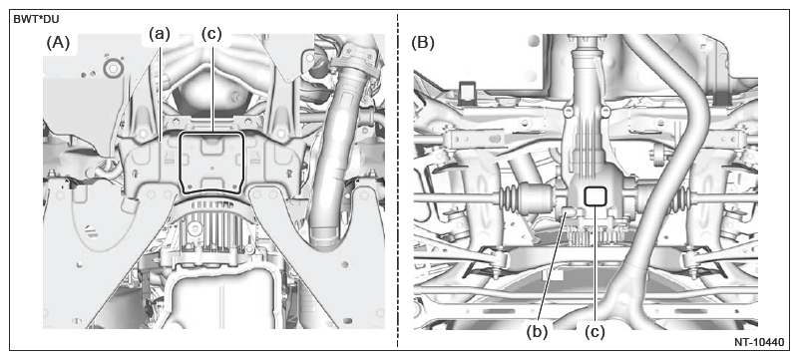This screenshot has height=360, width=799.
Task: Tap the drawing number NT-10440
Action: click(759, 342)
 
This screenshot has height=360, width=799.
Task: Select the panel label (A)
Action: click(58, 43)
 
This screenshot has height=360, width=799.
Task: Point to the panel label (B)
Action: click(423, 43)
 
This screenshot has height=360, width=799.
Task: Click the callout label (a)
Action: click(159, 34)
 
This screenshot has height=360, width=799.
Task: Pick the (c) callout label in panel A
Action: click(211, 34)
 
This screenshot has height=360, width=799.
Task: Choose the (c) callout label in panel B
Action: click(595, 332)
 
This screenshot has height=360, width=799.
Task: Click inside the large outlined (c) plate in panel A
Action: click(212, 163)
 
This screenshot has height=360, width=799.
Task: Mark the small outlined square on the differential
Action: click(595, 195)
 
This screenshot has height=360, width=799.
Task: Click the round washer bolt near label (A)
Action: click(112, 67)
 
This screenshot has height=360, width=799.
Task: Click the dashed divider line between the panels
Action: click(397, 180)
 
